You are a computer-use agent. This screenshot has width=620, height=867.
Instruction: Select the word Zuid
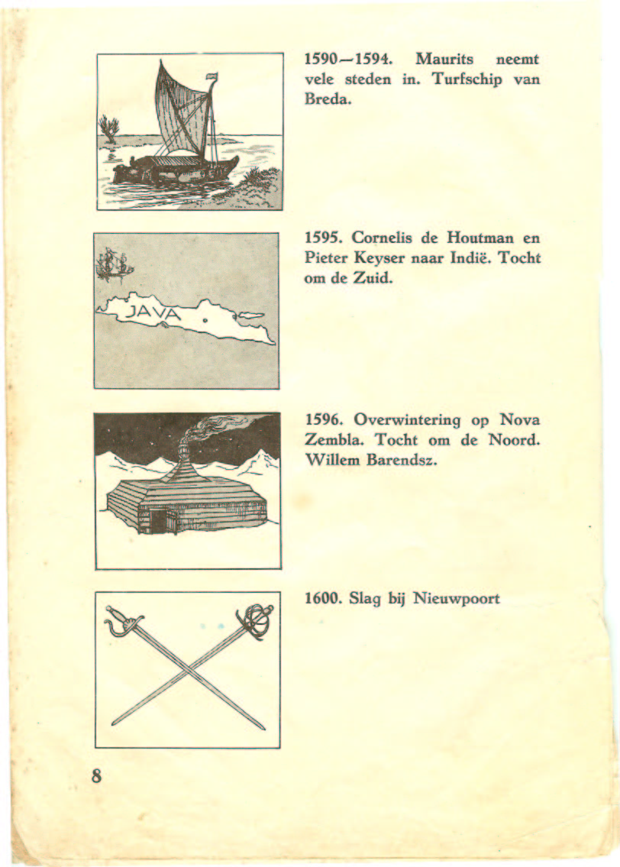pyautogui.click(x=373, y=278)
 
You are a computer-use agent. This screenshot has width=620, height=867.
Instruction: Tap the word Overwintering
pyautogui.click(x=400, y=420)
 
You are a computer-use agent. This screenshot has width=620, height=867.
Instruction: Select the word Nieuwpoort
pyautogui.click(x=457, y=599)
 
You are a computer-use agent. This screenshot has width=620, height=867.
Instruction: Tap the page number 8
pyautogui.click(x=97, y=775)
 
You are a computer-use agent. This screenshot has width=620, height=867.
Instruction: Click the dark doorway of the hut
pyautogui.click(x=160, y=522)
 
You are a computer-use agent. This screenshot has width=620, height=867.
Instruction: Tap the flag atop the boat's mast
pyautogui.click(x=212, y=75)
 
